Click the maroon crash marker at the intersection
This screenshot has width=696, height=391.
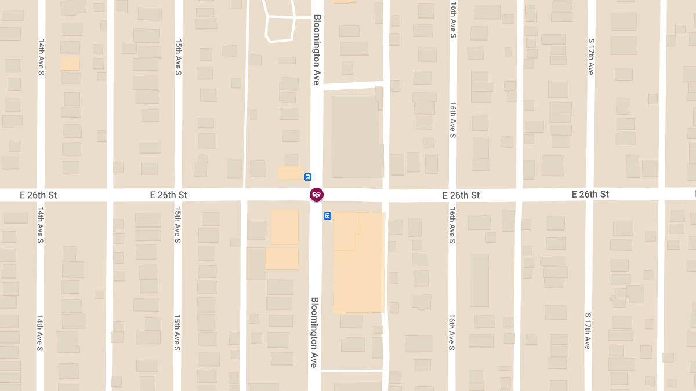pos(316,195)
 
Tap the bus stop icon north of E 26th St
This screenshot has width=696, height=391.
pos(307,177)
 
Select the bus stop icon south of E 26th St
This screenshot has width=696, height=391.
pos(327,216)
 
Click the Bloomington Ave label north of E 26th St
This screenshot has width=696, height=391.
pos(317,50)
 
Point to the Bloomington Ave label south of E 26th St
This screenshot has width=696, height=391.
pos(314,332)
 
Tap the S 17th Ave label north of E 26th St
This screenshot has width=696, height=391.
pos(590,57)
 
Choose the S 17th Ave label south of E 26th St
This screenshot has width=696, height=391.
pos(588,330)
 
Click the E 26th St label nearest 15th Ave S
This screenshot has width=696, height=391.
pos(168,195)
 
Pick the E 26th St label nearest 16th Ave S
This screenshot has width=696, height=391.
pos(461,195)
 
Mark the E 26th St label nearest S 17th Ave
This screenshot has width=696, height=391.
pos(590,194)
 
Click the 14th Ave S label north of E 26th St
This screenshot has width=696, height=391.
pos(41,57)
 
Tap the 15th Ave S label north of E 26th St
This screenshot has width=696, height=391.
pos(179,57)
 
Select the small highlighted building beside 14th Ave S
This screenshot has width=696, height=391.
pos(71,63)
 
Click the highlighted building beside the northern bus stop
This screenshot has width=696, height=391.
pos(289,173)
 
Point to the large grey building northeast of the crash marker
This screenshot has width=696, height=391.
pos(355,136)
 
